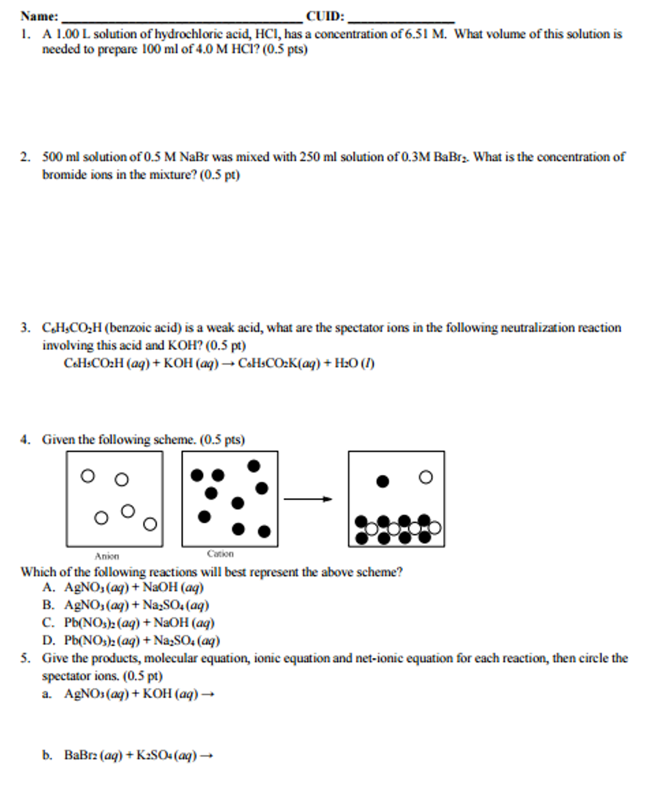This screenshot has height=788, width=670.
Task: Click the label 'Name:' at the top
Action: pyautogui.click(x=39, y=16)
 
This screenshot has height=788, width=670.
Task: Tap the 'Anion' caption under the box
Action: pyautogui.click(x=107, y=556)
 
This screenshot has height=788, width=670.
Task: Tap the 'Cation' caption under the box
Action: pyautogui.click(x=220, y=553)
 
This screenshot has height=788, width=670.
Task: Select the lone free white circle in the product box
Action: pyautogui.click(x=425, y=477)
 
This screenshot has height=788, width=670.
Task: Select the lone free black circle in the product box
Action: pyautogui.click(x=382, y=481)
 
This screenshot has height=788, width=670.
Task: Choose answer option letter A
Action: pyautogui.click(x=48, y=587)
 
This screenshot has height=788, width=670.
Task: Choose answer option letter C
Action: pyautogui.click(x=48, y=623)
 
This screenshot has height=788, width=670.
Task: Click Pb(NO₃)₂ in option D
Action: pyautogui.click(x=90, y=640)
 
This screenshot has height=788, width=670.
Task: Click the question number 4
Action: pyautogui.click(x=25, y=439)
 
